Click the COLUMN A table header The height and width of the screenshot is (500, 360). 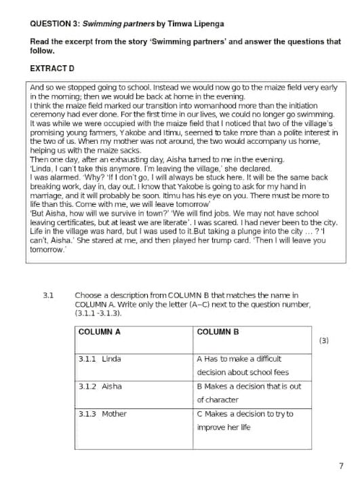(100, 332)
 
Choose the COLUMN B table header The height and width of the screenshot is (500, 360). (218, 332)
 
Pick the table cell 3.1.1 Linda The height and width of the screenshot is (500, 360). (98, 358)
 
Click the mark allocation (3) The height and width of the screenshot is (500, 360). (323, 341)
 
